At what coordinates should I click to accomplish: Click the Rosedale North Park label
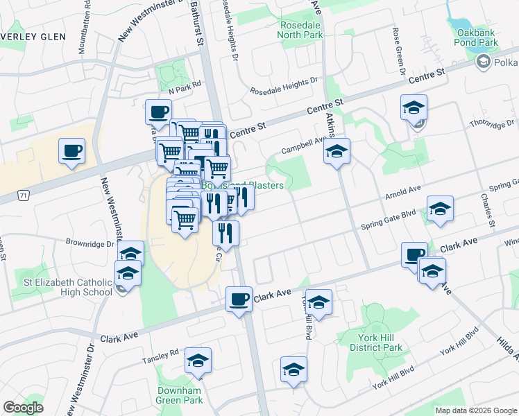[300, 29]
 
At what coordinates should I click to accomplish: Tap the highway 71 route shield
[24, 196]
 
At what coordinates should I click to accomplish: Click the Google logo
[24, 408]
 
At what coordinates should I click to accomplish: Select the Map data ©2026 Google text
[476, 410]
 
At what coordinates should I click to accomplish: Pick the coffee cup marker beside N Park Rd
[159, 112]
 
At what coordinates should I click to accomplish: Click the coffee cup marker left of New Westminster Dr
[72, 150]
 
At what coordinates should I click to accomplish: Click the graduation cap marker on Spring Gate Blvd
[440, 209]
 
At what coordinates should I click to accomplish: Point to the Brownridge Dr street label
[90, 244]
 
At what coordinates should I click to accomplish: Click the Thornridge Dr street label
[492, 124]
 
